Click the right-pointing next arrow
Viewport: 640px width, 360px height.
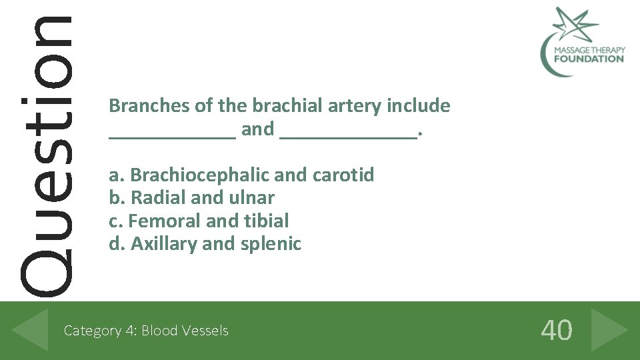click(609, 329)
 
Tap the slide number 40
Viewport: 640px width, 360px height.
click(556, 330)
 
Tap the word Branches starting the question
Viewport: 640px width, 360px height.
click(149, 105)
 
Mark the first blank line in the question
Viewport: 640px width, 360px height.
click(172, 136)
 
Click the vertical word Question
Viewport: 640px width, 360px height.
click(45, 153)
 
